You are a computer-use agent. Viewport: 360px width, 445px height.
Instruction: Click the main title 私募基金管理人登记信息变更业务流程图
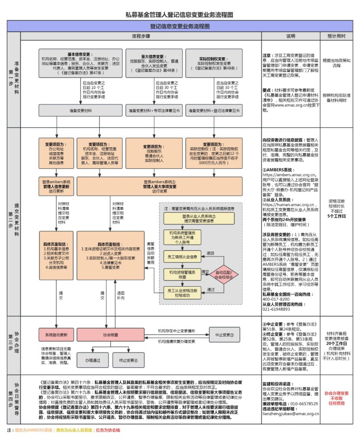coord(180,15)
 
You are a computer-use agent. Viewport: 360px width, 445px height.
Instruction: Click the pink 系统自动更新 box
coord(56,335)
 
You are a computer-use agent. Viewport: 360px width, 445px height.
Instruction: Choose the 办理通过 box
coord(92,360)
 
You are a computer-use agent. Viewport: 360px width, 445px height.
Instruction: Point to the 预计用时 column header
coord(337,36)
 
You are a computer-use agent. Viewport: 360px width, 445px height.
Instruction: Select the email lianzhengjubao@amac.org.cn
coord(291,414)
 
